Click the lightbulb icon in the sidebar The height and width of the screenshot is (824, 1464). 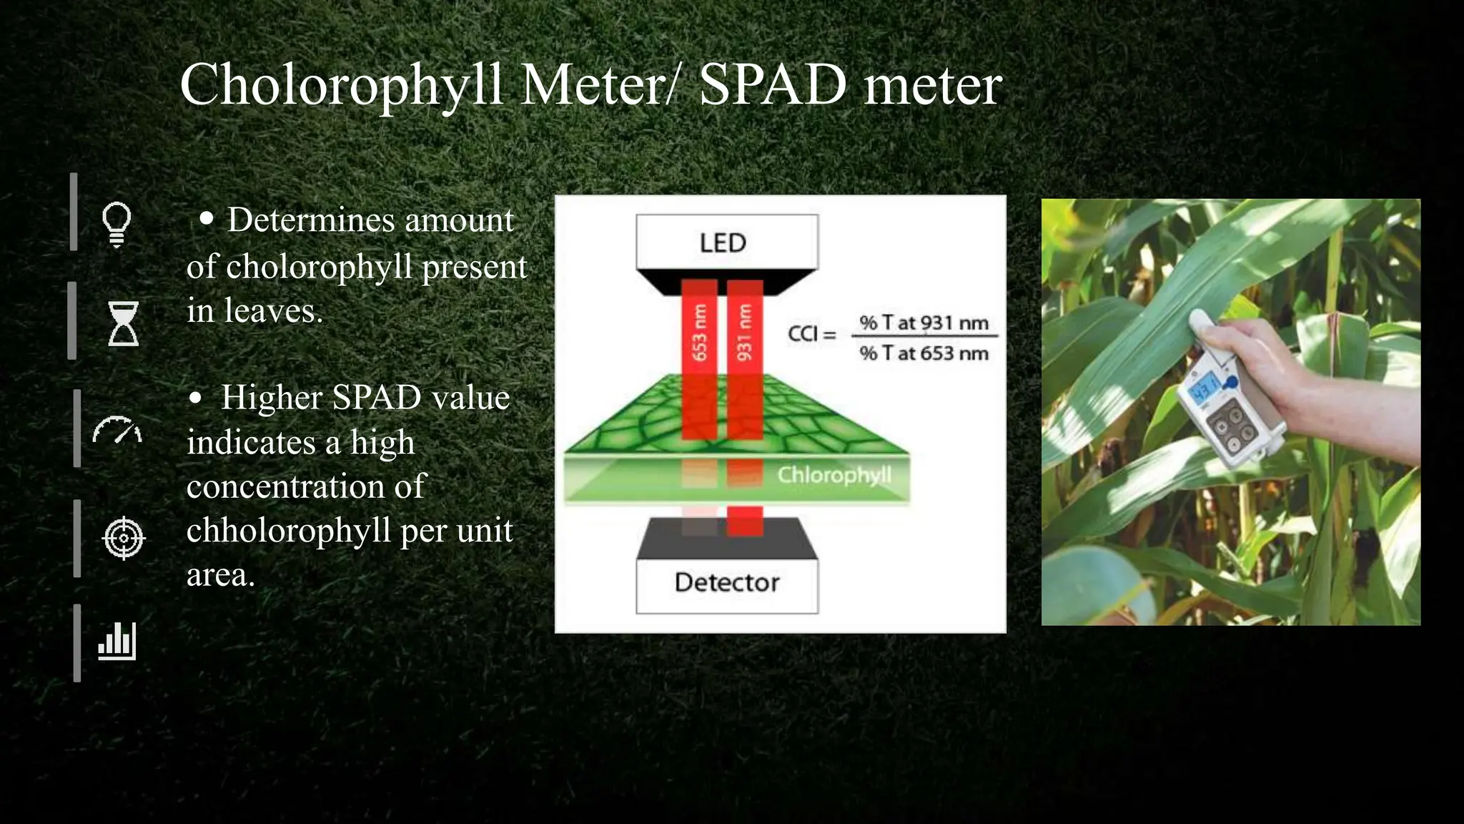117,223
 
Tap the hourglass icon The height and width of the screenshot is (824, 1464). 123,323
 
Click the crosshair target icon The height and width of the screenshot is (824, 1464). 124,537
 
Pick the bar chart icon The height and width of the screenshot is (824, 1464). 117,640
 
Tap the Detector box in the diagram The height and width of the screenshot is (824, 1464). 726,583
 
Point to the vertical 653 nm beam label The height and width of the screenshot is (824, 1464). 699,333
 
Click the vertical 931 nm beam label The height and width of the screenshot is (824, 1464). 745,333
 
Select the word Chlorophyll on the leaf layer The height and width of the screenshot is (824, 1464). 834,475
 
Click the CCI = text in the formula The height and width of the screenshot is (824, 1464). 811,334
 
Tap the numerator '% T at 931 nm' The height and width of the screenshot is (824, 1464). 924,323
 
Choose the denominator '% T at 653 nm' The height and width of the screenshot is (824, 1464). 924,353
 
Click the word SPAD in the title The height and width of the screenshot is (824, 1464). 773,86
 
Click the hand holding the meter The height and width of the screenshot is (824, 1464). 1280,372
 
